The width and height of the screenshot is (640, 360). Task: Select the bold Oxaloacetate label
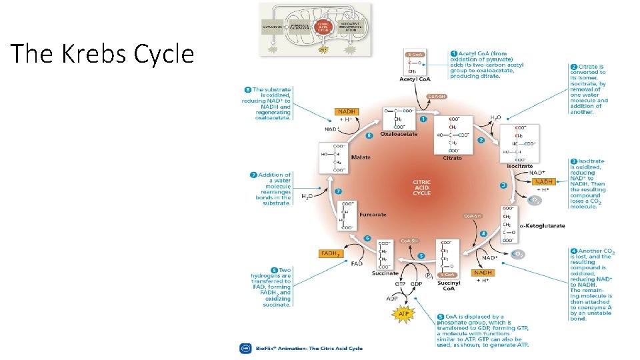399,134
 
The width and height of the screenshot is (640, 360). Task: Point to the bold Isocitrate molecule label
520,165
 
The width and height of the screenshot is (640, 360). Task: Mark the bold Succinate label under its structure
385,273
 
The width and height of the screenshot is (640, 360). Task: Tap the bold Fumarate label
373,215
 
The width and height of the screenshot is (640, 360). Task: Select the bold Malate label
361,157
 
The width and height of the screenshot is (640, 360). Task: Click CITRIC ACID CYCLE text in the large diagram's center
421,187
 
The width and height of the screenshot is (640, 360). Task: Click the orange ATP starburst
403,313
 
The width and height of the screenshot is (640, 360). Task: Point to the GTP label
399,283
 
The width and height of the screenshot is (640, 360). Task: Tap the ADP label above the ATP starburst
392,298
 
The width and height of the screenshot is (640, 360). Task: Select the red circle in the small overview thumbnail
323,27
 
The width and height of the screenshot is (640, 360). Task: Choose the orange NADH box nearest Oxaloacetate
347,112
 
